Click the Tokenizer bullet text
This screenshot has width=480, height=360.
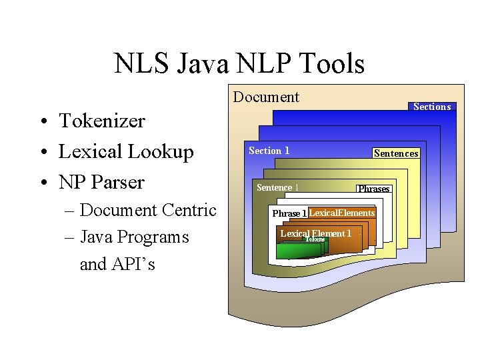tap(102, 121)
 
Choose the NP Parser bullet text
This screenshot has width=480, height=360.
tap(101, 181)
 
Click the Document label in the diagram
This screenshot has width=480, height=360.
tap(266, 97)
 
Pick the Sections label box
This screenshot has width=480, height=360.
tap(432, 107)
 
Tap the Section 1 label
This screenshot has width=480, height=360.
tap(269, 151)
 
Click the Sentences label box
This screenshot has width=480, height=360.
tap(396, 153)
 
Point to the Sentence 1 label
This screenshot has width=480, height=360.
tap(277, 187)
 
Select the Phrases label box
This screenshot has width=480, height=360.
tap(373, 189)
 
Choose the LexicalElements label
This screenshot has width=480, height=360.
tap(342, 213)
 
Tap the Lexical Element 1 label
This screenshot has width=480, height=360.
tap(315, 233)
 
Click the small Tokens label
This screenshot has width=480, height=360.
tap(315, 239)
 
